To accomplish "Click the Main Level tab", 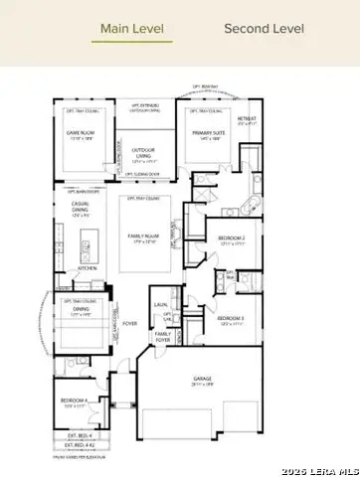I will click(x=132, y=28).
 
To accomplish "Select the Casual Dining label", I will click(x=80, y=209).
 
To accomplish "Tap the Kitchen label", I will click(x=87, y=268).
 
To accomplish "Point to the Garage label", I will click(x=209, y=379).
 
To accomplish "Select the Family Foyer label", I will click(x=163, y=337).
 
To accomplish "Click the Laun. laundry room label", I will click(x=159, y=305).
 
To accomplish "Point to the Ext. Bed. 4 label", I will click(x=80, y=435).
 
